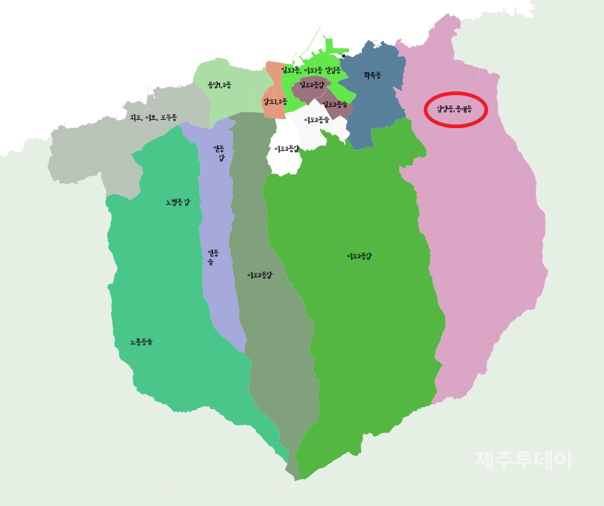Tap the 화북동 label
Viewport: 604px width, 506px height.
372,75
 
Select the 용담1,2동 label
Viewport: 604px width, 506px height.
220,85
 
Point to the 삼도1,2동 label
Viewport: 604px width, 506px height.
275,101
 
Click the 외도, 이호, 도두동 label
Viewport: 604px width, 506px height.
153,117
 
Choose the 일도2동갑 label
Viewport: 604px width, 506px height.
312,85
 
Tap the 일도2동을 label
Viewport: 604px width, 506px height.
335,104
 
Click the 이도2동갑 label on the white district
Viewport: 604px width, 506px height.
287,149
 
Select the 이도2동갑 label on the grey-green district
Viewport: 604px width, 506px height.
260,275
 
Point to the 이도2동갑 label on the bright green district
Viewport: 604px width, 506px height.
359,256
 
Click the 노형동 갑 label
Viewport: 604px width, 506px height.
178,202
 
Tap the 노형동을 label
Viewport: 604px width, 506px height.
141,342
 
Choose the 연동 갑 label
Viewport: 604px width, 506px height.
219,153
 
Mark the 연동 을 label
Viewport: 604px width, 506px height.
213,257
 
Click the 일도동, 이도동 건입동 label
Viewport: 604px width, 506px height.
311,71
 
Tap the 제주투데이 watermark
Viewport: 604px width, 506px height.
523,460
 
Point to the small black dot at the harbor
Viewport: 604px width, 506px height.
343,56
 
